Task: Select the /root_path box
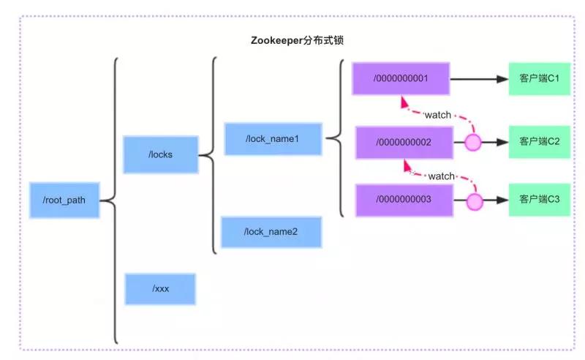(64, 200)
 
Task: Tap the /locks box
(160, 154)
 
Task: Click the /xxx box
(160, 288)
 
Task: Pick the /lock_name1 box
(273, 138)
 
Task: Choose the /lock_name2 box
(271, 232)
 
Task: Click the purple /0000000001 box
(401, 78)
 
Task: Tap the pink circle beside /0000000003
(475, 200)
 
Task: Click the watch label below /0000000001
(438, 115)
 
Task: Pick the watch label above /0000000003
(441, 176)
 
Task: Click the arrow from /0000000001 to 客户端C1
(478, 78)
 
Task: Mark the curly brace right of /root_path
(112, 200)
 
